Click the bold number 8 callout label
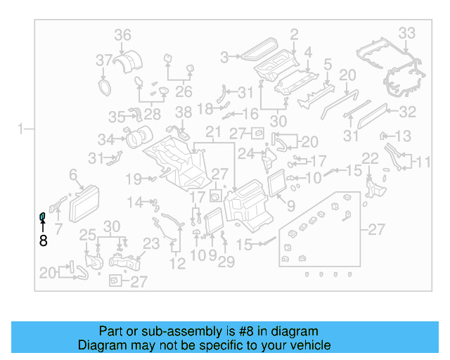(x=43, y=240)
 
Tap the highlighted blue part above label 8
(x=42, y=215)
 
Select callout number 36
(x=123, y=35)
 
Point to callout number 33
(x=407, y=32)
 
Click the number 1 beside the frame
(x=22, y=129)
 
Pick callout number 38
(x=184, y=112)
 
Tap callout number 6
(x=72, y=174)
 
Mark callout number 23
(x=151, y=244)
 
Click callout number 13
(x=403, y=136)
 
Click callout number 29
(x=226, y=262)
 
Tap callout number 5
(x=327, y=66)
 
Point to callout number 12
(x=177, y=264)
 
